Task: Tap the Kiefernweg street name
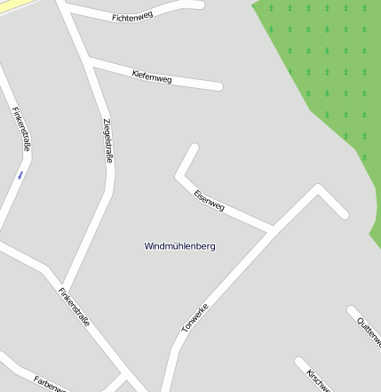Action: point(151,76)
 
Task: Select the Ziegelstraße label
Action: point(107,140)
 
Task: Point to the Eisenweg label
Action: point(210,201)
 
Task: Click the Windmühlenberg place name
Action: point(179,245)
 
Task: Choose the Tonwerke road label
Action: point(194,317)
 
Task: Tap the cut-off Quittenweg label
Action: point(368,332)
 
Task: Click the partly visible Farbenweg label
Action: point(50,384)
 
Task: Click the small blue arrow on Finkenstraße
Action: point(20,175)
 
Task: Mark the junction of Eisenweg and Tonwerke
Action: point(271,230)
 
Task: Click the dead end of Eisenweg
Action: point(194,148)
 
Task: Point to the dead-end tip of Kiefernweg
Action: point(218,87)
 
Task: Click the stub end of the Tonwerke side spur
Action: point(344,214)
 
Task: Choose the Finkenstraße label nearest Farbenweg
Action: point(74,308)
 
